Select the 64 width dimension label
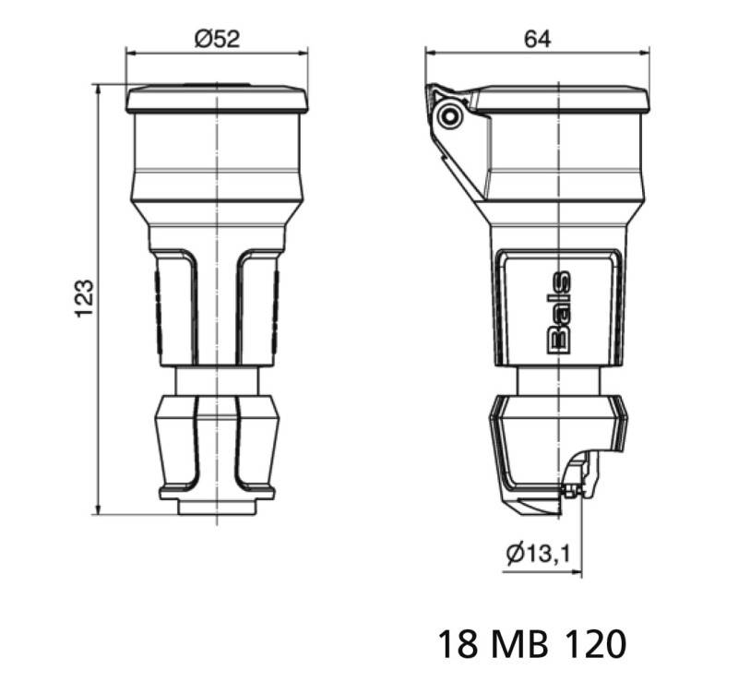click(x=539, y=39)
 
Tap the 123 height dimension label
click(x=84, y=298)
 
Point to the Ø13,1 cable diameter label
click(x=538, y=554)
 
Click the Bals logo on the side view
click(x=560, y=312)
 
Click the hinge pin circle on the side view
click(x=450, y=116)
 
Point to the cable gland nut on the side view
click(x=553, y=443)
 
